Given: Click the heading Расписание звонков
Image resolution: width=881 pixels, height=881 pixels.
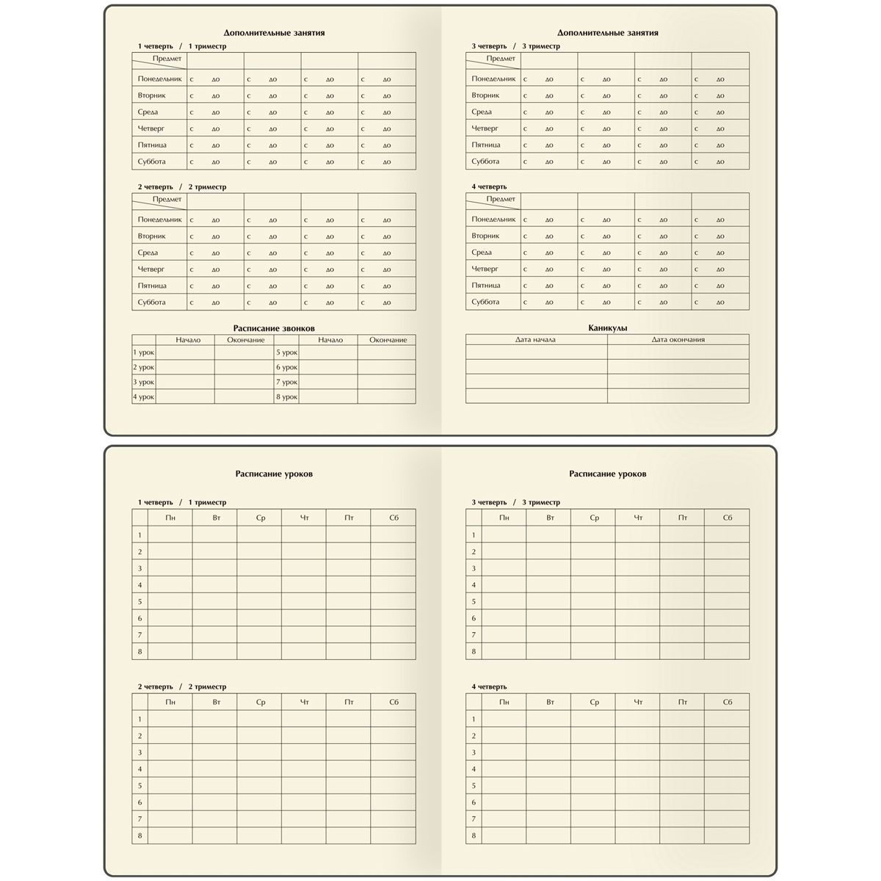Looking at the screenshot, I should point(273,328).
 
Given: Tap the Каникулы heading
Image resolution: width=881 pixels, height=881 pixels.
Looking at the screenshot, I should point(607,328).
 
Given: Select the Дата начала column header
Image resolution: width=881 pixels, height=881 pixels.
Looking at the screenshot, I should point(535,340).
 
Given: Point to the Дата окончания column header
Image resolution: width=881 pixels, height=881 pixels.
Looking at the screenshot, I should point(678,340).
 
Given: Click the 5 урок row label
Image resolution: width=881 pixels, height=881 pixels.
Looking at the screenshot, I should point(286,353).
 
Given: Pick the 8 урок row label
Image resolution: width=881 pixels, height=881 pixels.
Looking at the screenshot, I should point(286,397).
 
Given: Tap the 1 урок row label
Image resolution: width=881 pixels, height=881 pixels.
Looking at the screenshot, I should point(143,353).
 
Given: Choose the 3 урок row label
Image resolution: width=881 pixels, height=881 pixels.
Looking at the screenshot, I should point(143,383).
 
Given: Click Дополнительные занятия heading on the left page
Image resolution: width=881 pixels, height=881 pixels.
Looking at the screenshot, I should point(274,33).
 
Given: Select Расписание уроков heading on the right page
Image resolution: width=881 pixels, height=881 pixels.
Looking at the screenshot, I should point(607,474).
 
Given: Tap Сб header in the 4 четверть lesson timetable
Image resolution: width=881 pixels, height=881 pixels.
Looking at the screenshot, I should point(727,703).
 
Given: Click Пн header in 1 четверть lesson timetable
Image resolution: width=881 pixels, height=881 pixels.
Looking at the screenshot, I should point(170,518).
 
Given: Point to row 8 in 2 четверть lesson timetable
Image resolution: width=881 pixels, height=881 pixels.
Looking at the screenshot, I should point(139,835).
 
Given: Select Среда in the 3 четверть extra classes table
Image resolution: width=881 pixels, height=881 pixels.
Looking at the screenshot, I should point(482,112).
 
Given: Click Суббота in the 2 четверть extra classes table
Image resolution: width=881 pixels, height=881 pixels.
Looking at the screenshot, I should point(151,302).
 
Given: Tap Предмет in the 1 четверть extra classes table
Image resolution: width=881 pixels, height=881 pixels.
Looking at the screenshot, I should point(167,58).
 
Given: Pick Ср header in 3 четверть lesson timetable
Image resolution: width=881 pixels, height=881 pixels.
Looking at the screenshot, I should point(594,518).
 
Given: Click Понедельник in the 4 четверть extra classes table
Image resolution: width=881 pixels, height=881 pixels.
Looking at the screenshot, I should point(493,220).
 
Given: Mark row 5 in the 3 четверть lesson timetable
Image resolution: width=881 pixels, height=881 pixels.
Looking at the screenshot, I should point(474,602).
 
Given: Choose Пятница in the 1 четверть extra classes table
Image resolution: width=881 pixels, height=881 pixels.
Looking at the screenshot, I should point(152,145).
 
